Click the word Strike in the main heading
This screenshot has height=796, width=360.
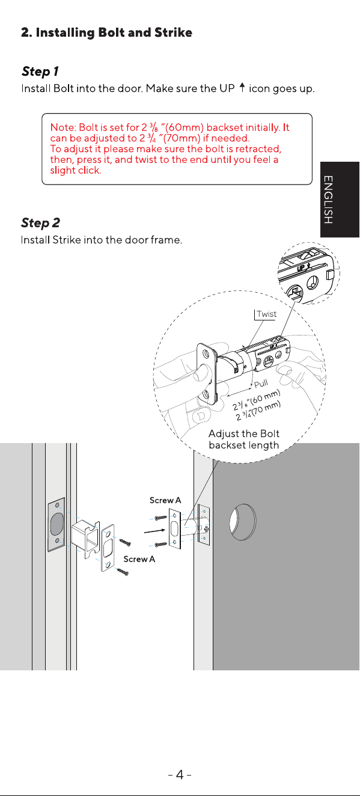coord(173,32)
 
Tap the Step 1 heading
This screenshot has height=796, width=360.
coord(40,71)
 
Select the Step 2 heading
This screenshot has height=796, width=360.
coord(40,223)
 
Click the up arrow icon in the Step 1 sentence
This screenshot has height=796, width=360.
coord(242,87)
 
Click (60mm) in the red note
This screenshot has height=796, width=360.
coord(184,127)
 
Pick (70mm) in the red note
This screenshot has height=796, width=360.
coord(182,138)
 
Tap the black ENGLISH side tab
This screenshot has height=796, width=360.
coord(340,200)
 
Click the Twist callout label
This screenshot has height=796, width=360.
coord(266,314)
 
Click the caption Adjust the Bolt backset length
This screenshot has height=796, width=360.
coord(244,439)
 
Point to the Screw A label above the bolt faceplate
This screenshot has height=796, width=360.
coord(165,500)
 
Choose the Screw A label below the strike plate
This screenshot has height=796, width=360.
coord(139,559)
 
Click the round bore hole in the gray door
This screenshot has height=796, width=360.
coord(243,522)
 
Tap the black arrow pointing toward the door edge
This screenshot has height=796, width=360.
coord(155,531)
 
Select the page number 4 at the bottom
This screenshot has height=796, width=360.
coord(180,775)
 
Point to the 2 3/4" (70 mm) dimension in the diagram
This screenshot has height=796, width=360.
coord(258,411)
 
